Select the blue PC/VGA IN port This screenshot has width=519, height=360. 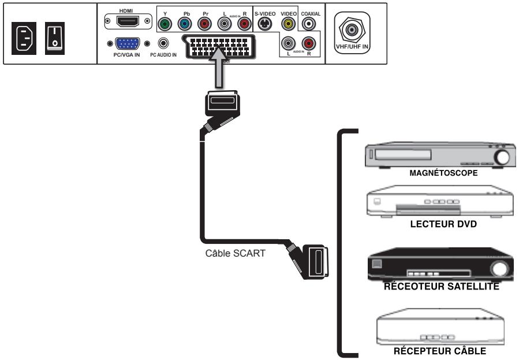(x=127, y=44)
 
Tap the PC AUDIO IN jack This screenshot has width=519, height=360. (x=166, y=43)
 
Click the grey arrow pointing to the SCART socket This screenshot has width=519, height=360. (x=224, y=69)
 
